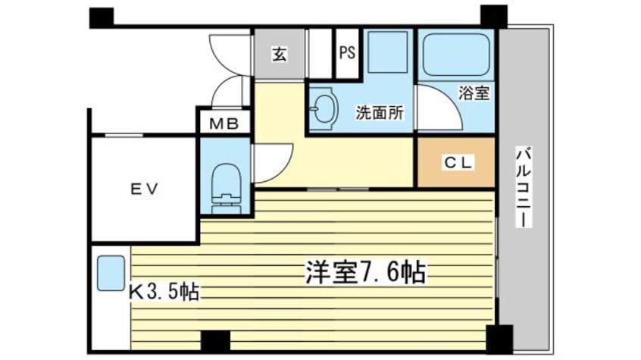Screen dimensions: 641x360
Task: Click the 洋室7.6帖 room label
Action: pyautogui.click(x=366, y=271)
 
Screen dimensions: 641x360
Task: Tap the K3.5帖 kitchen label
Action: pyautogui.click(x=164, y=292)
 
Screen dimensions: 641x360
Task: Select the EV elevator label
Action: pyautogui.click(x=144, y=189)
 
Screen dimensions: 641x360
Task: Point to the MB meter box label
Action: pyautogui.click(x=224, y=123)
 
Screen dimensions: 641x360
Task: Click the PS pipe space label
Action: pyautogui.click(x=347, y=52)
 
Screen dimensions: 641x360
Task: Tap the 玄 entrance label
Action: pyautogui.click(x=280, y=54)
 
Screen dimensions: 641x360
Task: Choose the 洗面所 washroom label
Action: pyautogui.click(x=380, y=112)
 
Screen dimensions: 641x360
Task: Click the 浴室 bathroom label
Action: pyautogui.click(x=474, y=93)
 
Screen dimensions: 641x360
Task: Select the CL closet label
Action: pyautogui.click(x=458, y=163)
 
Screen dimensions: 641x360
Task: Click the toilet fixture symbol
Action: pyautogui.click(x=225, y=189)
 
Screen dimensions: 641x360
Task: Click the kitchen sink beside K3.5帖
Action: pyautogui.click(x=111, y=273)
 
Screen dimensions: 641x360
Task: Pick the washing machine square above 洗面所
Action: pyautogui.click(x=387, y=52)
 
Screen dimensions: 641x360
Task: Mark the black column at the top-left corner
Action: pyautogui.click(x=101, y=17)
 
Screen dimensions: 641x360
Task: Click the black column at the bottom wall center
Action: pyautogui.click(x=215, y=341)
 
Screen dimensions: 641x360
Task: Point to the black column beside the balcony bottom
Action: pyautogui.click(x=499, y=340)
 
